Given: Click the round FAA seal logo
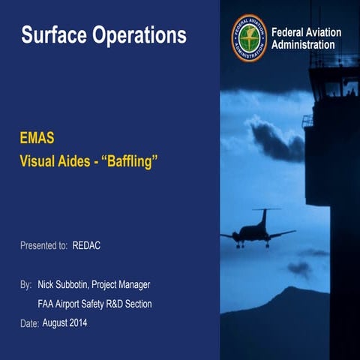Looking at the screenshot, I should tap(248, 37).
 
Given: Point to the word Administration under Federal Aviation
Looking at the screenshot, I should tap(303, 45).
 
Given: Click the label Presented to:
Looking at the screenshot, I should tap(44, 245).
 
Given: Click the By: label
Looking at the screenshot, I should tap(26, 286).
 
